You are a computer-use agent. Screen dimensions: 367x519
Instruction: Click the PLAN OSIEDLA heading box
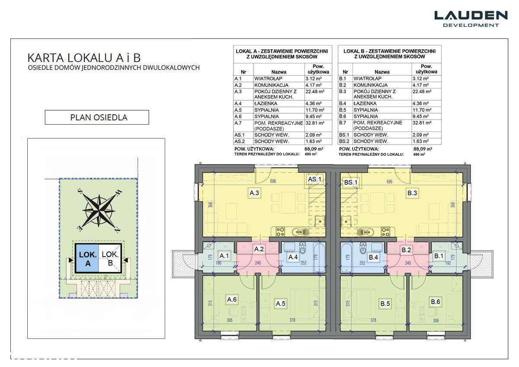97,117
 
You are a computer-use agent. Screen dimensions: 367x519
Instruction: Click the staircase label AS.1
314,179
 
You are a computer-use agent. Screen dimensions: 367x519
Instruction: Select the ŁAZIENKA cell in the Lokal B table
365,103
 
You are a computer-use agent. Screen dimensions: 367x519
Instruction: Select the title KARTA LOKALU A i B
84,58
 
